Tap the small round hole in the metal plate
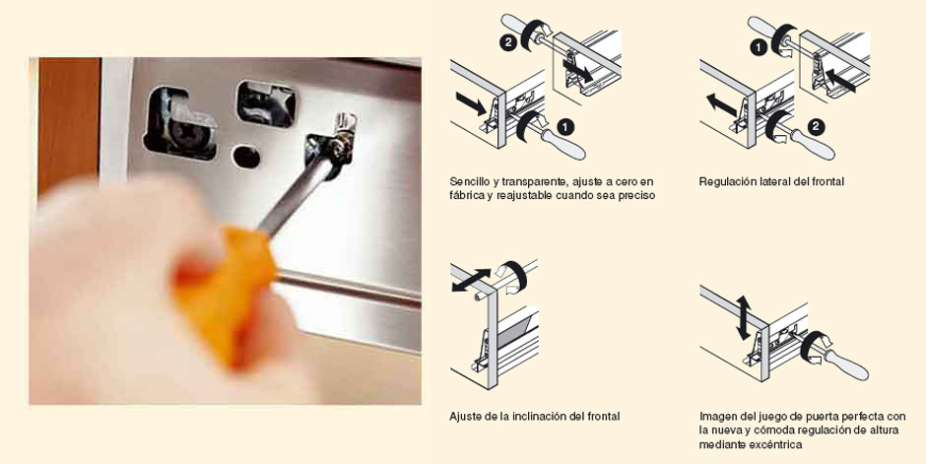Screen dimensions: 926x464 246,157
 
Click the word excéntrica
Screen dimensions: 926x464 775,444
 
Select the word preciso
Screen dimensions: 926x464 636,195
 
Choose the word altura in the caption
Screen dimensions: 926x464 884,431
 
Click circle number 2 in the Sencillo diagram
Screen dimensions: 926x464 508,43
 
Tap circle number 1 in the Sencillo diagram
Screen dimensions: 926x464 565,127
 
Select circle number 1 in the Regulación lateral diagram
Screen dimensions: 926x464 759,48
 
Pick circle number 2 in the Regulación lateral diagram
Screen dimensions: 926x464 817,127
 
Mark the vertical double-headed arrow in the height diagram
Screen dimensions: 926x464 743,318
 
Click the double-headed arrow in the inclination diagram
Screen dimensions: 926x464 471,281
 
